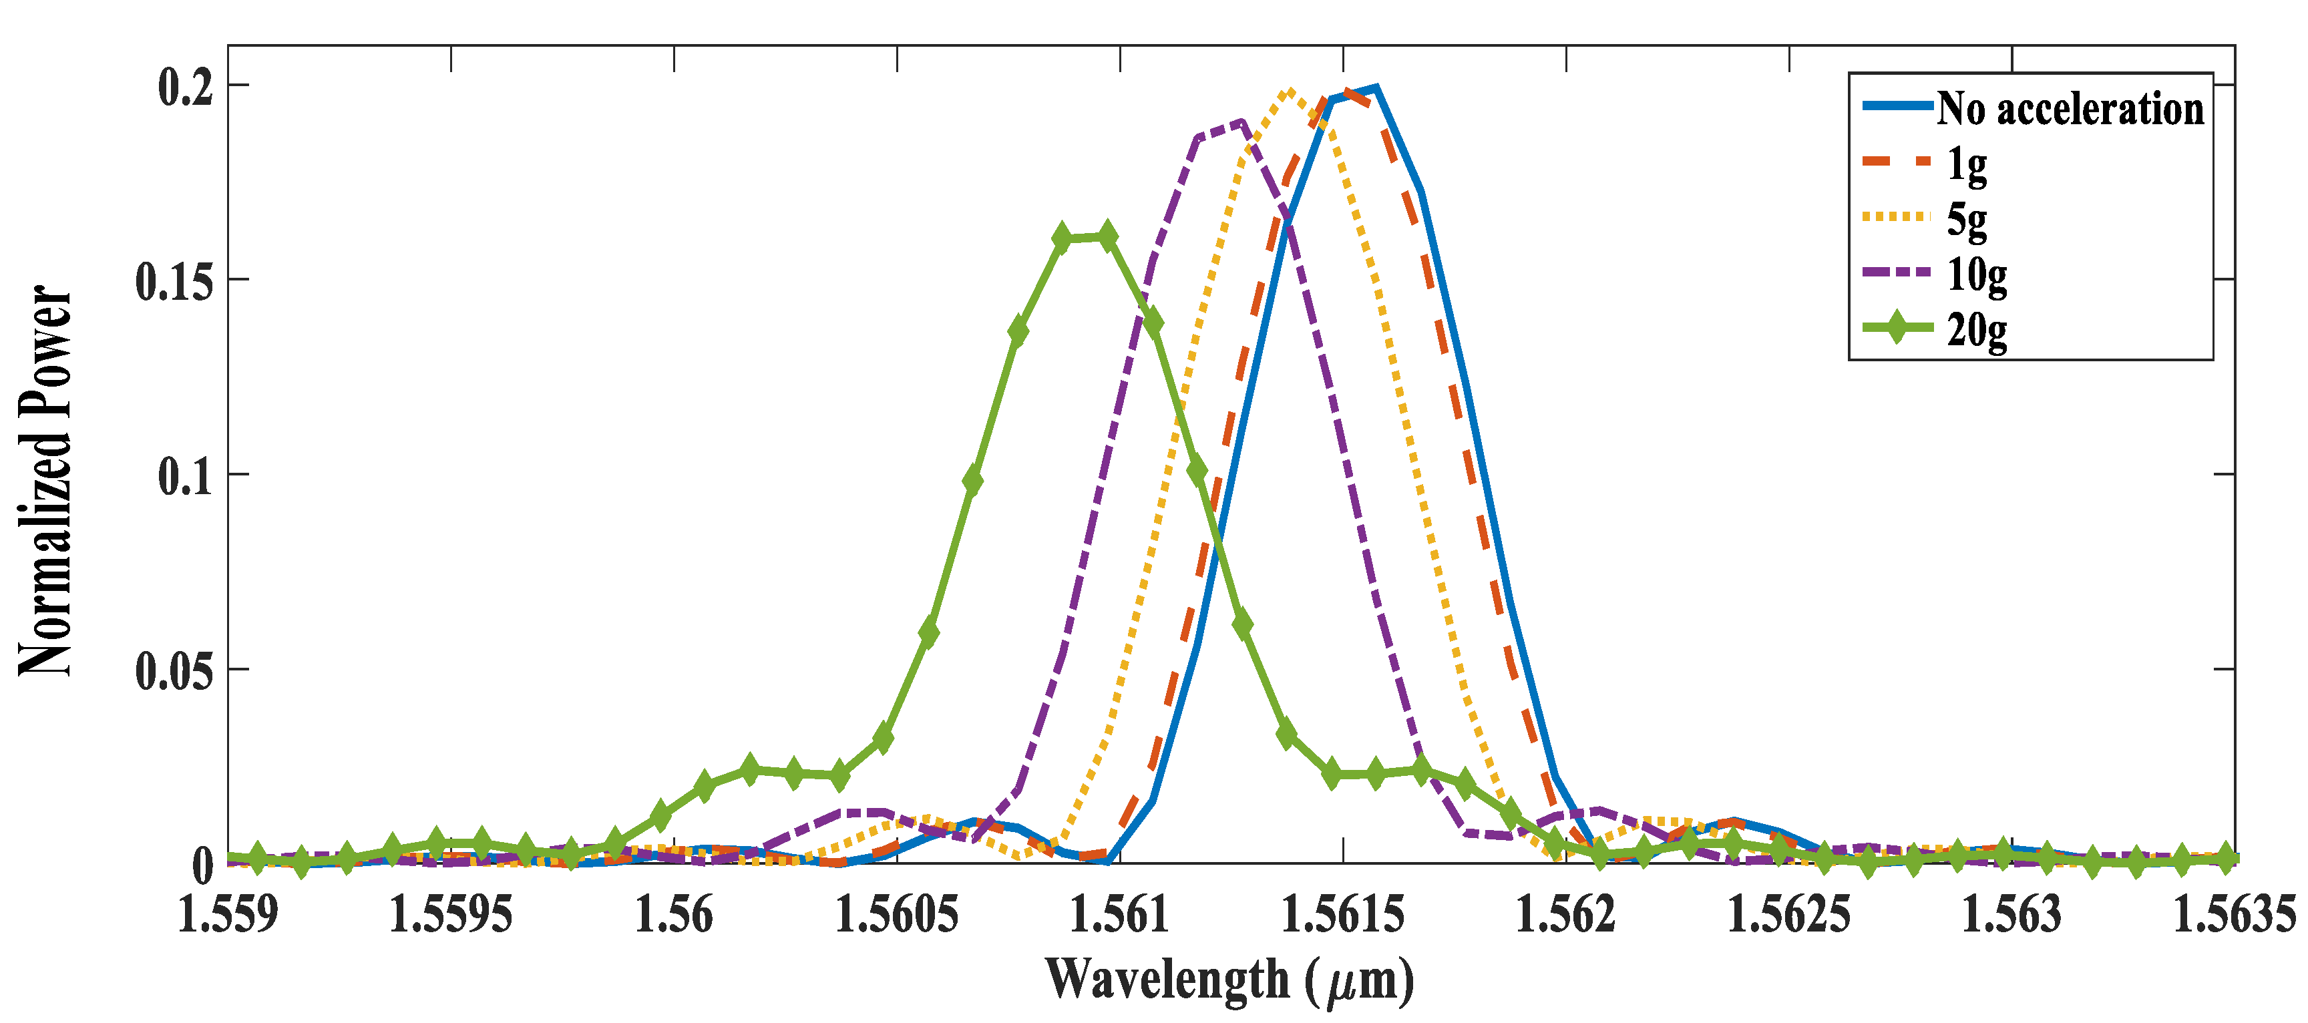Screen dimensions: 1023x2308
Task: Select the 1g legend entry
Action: point(1967,163)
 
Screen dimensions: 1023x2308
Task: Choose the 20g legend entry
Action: point(1975,330)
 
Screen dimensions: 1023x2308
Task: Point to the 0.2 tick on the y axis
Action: point(186,87)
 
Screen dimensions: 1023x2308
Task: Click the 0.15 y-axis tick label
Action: point(175,281)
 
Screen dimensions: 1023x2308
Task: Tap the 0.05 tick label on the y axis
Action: point(175,671)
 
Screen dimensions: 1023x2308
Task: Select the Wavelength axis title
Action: point(1229,980)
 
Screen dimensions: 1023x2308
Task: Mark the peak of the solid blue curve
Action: point(1375,87)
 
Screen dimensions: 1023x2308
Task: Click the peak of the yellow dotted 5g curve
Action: point(1288,90)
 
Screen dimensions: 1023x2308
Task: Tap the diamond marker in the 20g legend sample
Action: point(1896,327)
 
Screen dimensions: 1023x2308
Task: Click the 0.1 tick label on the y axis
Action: point(186,477)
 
